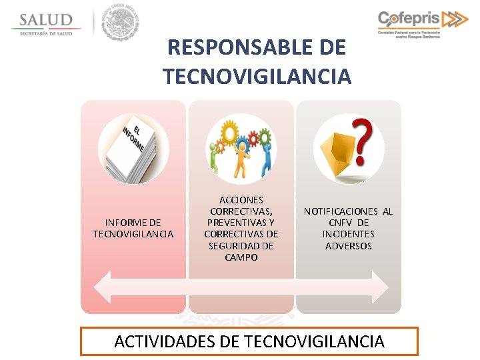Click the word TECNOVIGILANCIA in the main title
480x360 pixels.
[x=257, y=77]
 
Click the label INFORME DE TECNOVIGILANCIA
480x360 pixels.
[x=133, y=228]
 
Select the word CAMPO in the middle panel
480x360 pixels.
[x=241, y=257]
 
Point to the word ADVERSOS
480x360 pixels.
[x=349, y=246]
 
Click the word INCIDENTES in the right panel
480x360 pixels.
[x=349, y=234]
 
